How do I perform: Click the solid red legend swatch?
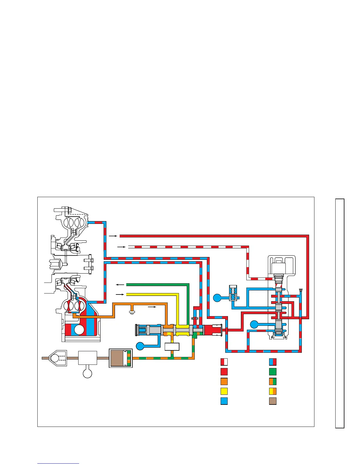pyautogui.click(x=224, y=372)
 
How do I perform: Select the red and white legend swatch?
pyautogui.click(x=224, y=362)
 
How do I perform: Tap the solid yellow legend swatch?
pyautogui.click(x=224, y=391)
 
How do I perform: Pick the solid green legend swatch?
pyautogui.click(x=273, y=372)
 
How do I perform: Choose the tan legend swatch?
pyautogui.click(x=273, y=401)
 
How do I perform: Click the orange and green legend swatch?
pyautogui.click(x=273, y=382)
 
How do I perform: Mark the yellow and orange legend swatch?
pyautogui.click(x=273, y=391)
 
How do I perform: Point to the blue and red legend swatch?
pyautogui.click(x=273, y=362)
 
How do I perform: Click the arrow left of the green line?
pyautogui.click(x=120, y=284)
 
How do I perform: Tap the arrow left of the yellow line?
pyautogui.click(x=120, y=294)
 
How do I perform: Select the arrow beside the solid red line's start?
pyautogui.click(x=113, y=236)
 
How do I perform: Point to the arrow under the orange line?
pyautogui.click(x=152, y=307)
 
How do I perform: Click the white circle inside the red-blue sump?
pyautogui.click(x=79, y=329)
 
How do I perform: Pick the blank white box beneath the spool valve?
pyautogui.click(x=172, y=347)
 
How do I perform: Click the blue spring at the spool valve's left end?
pyautogui.click(x=143, y=329)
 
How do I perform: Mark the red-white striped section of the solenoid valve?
pyautogui.click(x=279, y=285)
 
